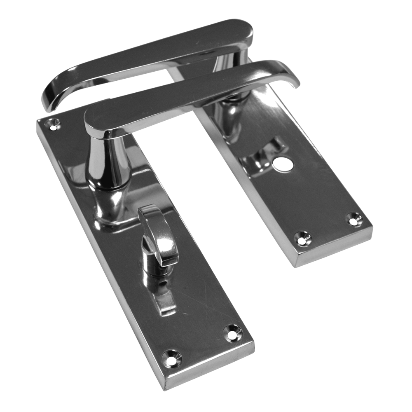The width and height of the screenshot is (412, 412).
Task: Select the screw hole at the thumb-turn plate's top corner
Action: pyautogui.click(x=52, y=123)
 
